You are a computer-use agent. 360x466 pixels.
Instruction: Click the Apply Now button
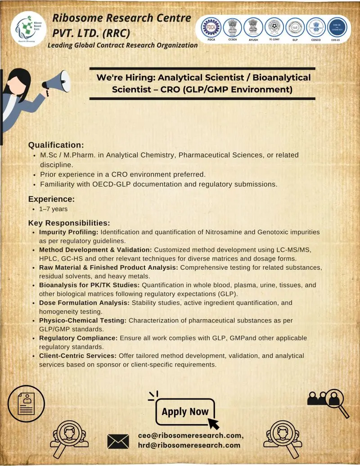click(x=185, y=412)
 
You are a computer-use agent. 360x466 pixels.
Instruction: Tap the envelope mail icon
click(x=118, y=441)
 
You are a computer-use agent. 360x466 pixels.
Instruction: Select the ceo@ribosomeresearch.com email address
click(x=191, y=435)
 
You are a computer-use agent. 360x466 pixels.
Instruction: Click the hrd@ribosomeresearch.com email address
click(x=189, y=445)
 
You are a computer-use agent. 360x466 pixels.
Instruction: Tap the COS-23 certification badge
click(x=337, y=27)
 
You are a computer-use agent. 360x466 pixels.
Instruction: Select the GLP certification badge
click(x=295, y=27)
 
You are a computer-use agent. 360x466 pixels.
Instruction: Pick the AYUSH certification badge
click(x=253, y=27)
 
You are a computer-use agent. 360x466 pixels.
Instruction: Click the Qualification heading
click(x=56, y=145)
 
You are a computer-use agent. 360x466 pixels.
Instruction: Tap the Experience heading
click(x=51, y=199)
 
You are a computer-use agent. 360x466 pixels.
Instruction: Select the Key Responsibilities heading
click(x=69, y=223)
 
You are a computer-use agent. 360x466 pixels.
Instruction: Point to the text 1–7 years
click(x=54, y=209)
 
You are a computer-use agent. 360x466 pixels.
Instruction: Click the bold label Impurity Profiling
click(x=69, y=232)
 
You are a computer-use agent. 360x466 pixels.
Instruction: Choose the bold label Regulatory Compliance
click(x=78, y=338)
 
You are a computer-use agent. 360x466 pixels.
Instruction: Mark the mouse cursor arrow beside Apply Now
click(x=213, y=423)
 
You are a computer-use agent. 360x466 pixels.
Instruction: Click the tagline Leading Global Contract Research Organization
click(x=122, y=45)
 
